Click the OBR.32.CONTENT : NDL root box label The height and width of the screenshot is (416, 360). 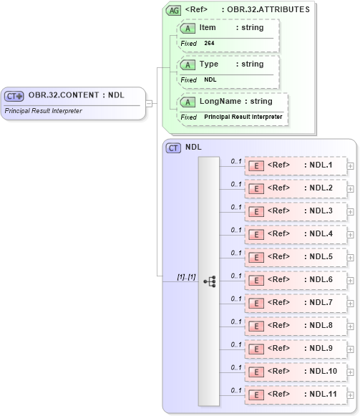pos(76,95)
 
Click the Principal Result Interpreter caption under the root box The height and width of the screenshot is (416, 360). pos(43,111)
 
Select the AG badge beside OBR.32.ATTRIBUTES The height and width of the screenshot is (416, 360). pos(173,10)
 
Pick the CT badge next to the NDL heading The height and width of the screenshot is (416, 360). pos(173,147)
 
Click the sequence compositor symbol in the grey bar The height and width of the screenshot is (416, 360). pos(209,281)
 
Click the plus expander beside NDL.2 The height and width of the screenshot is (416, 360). pos(350,189)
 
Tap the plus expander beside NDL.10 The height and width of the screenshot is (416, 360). pos(350,372)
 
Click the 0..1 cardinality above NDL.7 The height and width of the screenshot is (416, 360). pos(236,298)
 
